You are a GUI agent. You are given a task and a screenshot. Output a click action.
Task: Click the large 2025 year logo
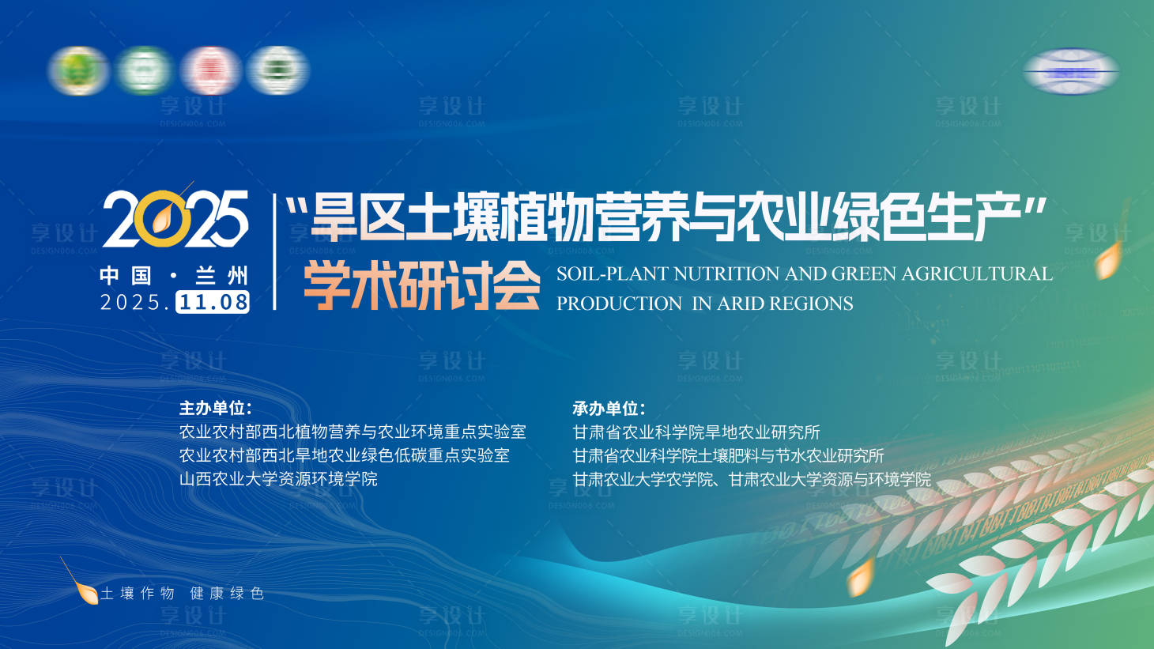[x=175, y=219]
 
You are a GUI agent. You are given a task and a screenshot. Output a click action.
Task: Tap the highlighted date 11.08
[x=213, y=302]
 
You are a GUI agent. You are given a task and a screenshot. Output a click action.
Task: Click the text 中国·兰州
[x=174, y=275]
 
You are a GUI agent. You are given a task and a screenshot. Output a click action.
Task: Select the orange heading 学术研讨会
[x=422, y=285]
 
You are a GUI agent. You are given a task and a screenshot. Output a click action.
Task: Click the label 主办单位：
[x=215, y=408]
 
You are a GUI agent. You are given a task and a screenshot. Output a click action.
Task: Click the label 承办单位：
[x=609, y=409]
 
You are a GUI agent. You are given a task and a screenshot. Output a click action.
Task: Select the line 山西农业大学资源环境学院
[x=278, y=479]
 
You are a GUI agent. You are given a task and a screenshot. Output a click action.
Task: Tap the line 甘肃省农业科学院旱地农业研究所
[x=696, y=432]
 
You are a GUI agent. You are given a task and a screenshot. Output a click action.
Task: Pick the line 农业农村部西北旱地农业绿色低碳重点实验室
[x=345, y=455]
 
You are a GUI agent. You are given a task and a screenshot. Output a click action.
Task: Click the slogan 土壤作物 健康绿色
[x=182, y=594]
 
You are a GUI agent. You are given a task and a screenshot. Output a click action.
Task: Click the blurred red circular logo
[x=210, y=70]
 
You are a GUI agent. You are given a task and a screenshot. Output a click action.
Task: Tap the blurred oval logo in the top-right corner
[x=1071, y=71]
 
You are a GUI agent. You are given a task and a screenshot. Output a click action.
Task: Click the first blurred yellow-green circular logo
[x=78, y=70]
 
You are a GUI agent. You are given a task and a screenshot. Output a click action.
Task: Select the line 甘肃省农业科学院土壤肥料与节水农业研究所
[x=728, y=456]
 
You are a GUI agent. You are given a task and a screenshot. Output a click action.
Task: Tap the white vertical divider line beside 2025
[x=274, y=251]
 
